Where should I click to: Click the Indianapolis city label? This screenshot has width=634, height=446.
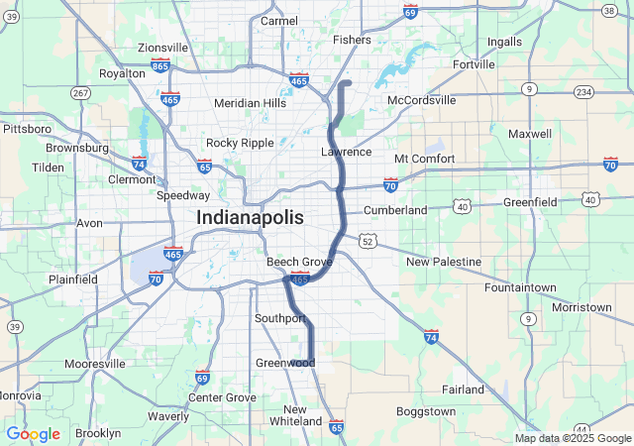pos(249,217)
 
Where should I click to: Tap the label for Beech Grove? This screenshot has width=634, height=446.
pos(299,262)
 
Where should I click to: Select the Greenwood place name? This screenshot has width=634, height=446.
pos(285,363)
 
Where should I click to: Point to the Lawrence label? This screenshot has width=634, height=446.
pos(346,152)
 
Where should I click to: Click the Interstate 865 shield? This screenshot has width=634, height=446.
pos(160,65)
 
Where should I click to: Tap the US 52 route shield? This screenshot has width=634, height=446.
pos(368,241)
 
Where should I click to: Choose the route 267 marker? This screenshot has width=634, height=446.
pos(80,92)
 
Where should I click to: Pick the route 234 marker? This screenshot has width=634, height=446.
pos(583,92)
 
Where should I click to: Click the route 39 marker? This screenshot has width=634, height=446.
pos(14,326)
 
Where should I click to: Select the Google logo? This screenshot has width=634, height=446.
pos(33,433)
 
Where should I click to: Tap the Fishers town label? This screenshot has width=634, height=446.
pos(352,40)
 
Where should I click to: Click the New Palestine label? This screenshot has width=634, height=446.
pos(443,262)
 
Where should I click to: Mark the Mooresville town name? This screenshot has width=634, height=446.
pos(95,364)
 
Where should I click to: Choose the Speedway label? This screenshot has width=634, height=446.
pos(183,195)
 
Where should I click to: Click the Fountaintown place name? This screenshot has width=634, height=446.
pos(520,286)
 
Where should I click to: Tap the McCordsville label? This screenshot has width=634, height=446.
pos(422,100)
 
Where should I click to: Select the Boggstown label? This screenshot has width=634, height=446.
pos(425,410)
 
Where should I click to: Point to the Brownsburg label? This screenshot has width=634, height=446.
pos(77,148)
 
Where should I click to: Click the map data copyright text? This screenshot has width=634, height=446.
pos(573,438)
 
